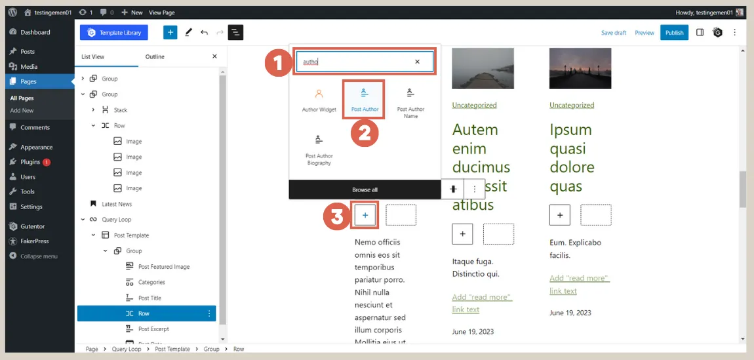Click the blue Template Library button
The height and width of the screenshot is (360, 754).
click(114, 32)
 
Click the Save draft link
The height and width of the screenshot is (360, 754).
click(614, 33)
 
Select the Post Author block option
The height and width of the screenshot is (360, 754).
click(365, 99)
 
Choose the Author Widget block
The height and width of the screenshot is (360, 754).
click(319, 100)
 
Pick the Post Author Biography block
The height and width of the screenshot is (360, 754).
click(319, 150)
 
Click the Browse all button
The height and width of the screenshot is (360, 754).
click(365, 190)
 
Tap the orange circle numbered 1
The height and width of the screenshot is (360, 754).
click(278, 63)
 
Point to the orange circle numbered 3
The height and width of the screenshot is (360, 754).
click(337, 216)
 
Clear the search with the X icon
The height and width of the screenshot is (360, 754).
click(417, 62)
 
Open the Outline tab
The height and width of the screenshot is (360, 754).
click(155, 57)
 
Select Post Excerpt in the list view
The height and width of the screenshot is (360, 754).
click(154, 329)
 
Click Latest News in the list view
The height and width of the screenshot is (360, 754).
click(117, 204)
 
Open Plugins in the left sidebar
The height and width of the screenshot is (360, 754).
click(30, 162)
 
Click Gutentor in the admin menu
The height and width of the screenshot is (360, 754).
click(33, 226)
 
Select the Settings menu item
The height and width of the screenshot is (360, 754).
click(31, 207)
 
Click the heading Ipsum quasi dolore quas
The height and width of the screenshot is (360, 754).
click(571, 157)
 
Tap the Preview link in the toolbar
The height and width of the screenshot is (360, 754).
click(644, 33)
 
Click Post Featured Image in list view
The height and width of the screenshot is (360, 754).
click(164, 267)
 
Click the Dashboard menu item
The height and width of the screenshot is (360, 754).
click(35, 32)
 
